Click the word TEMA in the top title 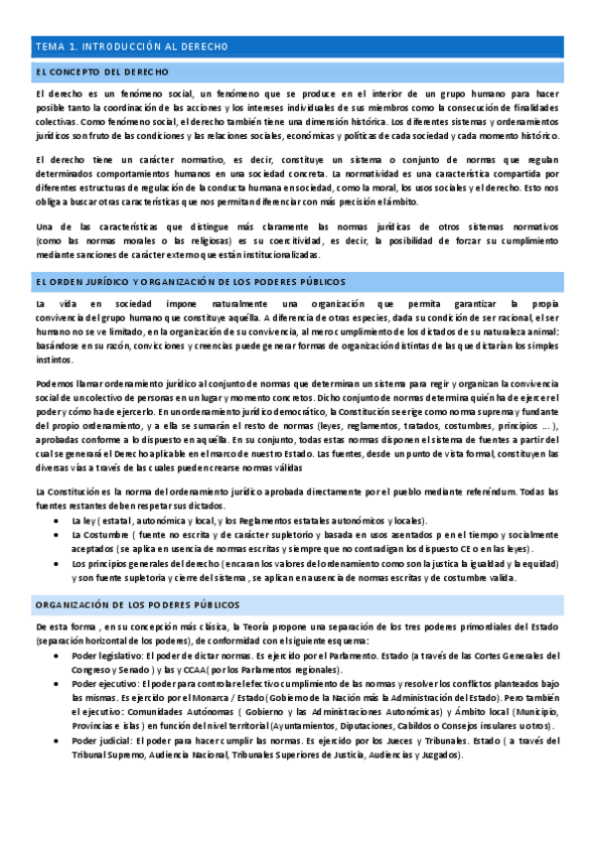[49, 47]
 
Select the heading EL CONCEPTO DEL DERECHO [102, 72]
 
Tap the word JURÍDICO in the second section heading [124, 282]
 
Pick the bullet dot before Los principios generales [61, 563]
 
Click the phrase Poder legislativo [106, 656]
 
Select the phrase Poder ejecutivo [104, 684]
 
